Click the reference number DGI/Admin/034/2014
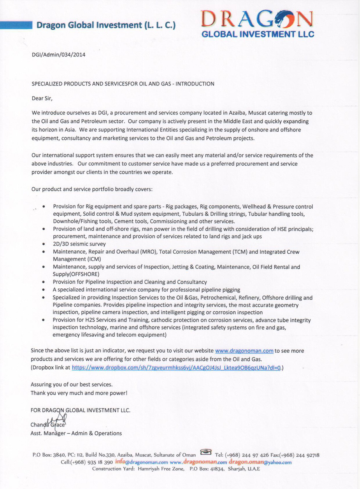(x=58, y=55)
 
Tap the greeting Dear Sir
(x=42, y=98)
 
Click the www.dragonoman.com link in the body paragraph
(x=244, y=351)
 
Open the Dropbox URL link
(x=176, y=367)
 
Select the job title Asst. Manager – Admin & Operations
(x=76, y=433)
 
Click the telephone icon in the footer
(x=206, y=452)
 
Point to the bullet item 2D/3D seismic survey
(x=74, y=244)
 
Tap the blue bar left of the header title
(x=16, y=25)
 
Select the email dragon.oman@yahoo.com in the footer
(x=260, y=462)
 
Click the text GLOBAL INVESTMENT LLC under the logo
(x=258, y=34)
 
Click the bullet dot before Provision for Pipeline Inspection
(x=44, y=282)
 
